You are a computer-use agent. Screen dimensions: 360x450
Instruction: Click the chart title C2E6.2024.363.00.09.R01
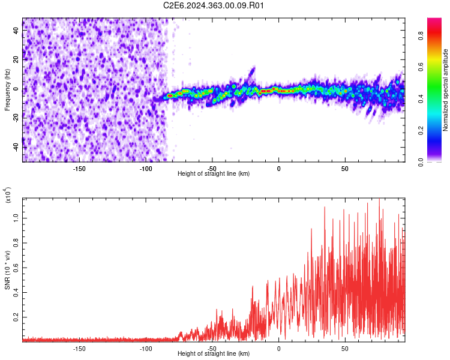point(214,5)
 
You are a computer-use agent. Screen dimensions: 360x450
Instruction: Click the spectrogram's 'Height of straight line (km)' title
point(214,173)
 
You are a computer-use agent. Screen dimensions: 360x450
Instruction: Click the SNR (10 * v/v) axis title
point(8,269)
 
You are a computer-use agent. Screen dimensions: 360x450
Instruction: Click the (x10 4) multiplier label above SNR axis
point(8,196)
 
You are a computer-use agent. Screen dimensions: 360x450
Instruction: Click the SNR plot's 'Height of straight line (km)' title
point(214,354)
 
